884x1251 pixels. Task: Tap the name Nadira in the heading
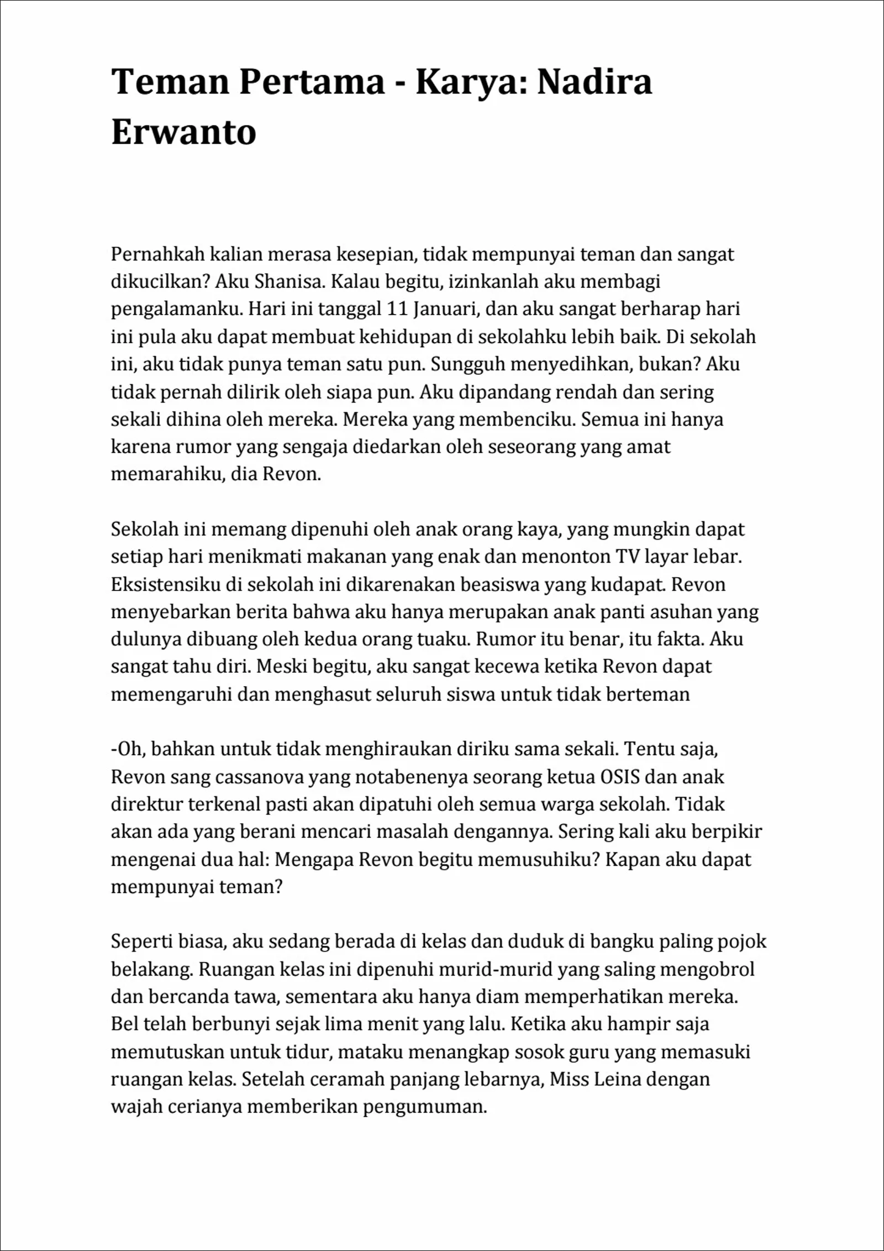pyautogui.click(x=594, y=81)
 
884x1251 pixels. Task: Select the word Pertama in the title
pyautogui.click(x=312, y=81)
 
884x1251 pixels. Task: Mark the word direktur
pyautogui.click(x=146, y=804)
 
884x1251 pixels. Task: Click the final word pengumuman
pyautogui.click(x=424, y=1107)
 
